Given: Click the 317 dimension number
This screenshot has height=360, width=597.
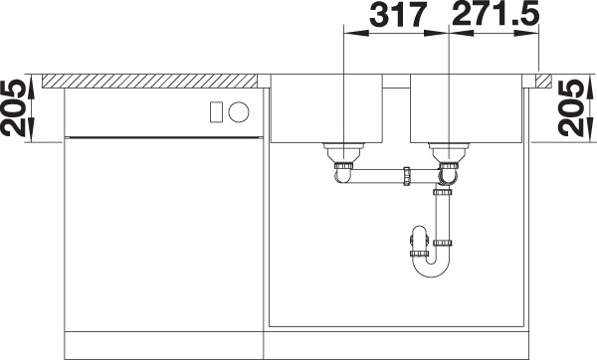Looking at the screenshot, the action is pyautogui.click(x=397, y=15).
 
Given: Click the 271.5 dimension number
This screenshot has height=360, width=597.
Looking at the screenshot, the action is pyautogui.click(x=495, y=14).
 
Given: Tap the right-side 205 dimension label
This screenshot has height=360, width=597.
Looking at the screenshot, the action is pyautogui.click(x=571, y=108).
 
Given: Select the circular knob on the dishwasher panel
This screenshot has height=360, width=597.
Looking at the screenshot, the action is pyautogui.click(x=239, y=112).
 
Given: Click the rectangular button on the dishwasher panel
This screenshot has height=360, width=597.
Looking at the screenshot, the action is pyautogui.click(x=216, y=112).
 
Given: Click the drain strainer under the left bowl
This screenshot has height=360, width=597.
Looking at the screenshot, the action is pyautogui.click(x=344, y=151).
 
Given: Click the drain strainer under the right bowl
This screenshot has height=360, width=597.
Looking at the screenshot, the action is pyautogui.click(x=450, y=151).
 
